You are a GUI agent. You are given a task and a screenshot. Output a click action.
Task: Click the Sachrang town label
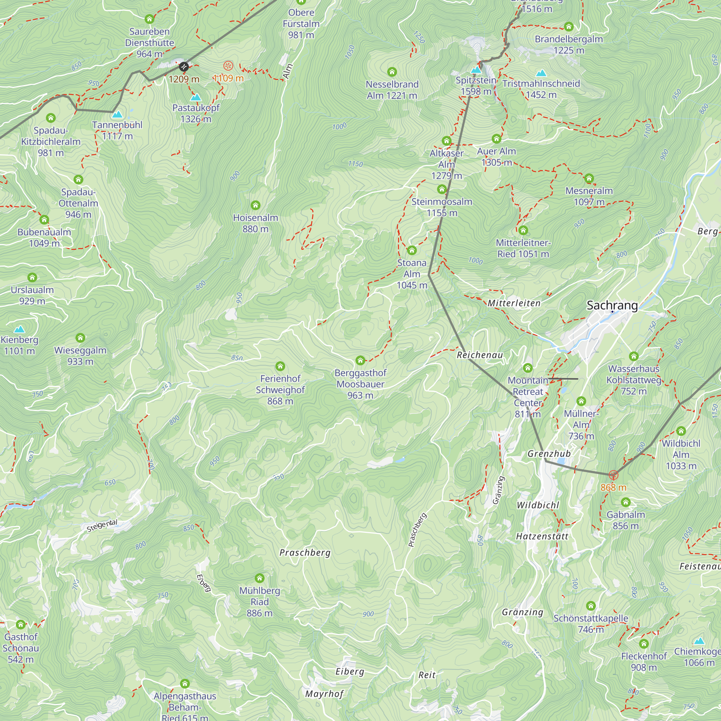pos(612,305)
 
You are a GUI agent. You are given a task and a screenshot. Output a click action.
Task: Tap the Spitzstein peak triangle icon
pos(476,70)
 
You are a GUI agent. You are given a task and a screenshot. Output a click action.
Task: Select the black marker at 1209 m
pos(183,67)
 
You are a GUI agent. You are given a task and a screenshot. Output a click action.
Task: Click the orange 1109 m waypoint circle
pos(228,66)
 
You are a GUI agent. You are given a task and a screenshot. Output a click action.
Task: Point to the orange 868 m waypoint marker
pos(614,475)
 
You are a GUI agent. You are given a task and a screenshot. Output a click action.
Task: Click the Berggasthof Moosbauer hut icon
pos(360,360)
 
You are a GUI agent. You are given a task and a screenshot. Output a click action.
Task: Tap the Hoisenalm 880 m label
pos(255,223)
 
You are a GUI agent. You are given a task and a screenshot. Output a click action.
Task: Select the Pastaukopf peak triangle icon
pos(195,97)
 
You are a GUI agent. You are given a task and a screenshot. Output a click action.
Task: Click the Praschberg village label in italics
pos(305,553)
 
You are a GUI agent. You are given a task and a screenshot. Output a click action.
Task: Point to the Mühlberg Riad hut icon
pos(259,578)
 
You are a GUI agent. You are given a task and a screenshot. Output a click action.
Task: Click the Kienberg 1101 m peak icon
pos(19,329)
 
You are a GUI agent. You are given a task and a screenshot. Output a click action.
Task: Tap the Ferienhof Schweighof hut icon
pos(280,366)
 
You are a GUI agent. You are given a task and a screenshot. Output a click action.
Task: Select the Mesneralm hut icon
pos(589,178)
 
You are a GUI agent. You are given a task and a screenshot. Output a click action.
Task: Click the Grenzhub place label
pos(549,454)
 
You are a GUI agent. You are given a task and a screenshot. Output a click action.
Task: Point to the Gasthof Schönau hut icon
pos(21,624)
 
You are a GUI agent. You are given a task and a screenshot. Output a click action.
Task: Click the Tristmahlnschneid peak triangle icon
pos(541,73)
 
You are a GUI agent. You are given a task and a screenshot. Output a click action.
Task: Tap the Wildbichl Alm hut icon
pos(681,431)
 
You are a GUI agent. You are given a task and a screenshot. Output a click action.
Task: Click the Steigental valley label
pos(102,526)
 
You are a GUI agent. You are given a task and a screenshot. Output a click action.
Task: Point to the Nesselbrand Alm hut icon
pos(392,72)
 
